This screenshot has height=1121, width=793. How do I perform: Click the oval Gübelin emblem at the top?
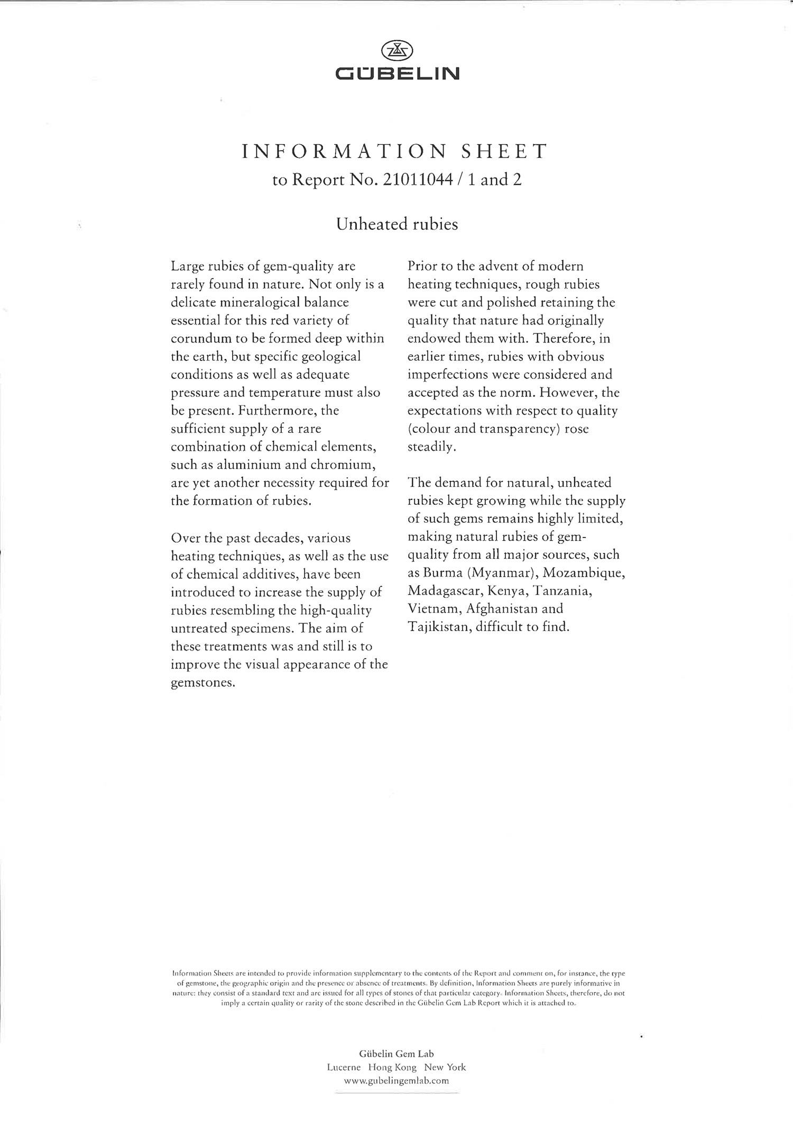397,51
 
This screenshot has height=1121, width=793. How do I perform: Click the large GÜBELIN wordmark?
397,73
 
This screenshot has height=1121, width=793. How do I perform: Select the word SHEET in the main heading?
504,152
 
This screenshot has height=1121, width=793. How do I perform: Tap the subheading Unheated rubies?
397,224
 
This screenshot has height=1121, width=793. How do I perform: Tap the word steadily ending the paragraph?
431,447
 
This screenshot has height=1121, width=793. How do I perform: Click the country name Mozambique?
584,573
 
